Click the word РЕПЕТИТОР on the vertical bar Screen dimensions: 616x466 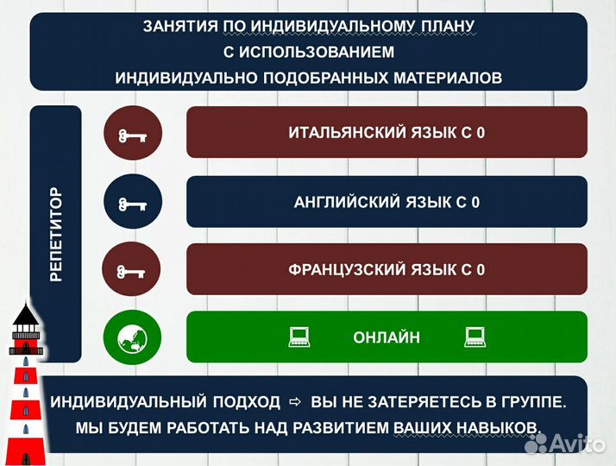[x=56, y=234]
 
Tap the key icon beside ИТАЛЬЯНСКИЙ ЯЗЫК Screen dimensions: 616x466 [x=133, y=136]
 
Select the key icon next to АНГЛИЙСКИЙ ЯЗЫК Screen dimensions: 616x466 [x=133, y=204]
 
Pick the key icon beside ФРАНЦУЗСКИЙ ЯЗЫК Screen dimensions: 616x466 [x=131, y=272]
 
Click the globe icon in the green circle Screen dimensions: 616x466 [x=132, y=337]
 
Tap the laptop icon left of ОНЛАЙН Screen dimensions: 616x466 [x=299, y=337]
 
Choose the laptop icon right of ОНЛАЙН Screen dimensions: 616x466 [x=475, y=337]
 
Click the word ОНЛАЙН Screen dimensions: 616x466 [x=387, y=337]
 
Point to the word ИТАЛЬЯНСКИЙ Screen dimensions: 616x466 [x=348, y=133]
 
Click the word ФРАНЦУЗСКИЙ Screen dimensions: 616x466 [x=348, y=270]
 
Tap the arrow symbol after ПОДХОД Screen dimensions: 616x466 [x=295, y=402]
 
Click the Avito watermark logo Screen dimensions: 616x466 [x=566, y=444]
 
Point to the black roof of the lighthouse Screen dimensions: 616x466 [x=26, y=314]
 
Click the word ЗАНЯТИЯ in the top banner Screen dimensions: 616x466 [x=180, y=27]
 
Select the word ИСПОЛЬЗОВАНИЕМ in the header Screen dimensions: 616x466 [x=317, y=53]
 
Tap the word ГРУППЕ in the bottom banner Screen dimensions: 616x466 [x=533, y=402]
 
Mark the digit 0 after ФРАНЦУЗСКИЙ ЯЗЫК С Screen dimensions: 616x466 [x=481, y=270]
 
